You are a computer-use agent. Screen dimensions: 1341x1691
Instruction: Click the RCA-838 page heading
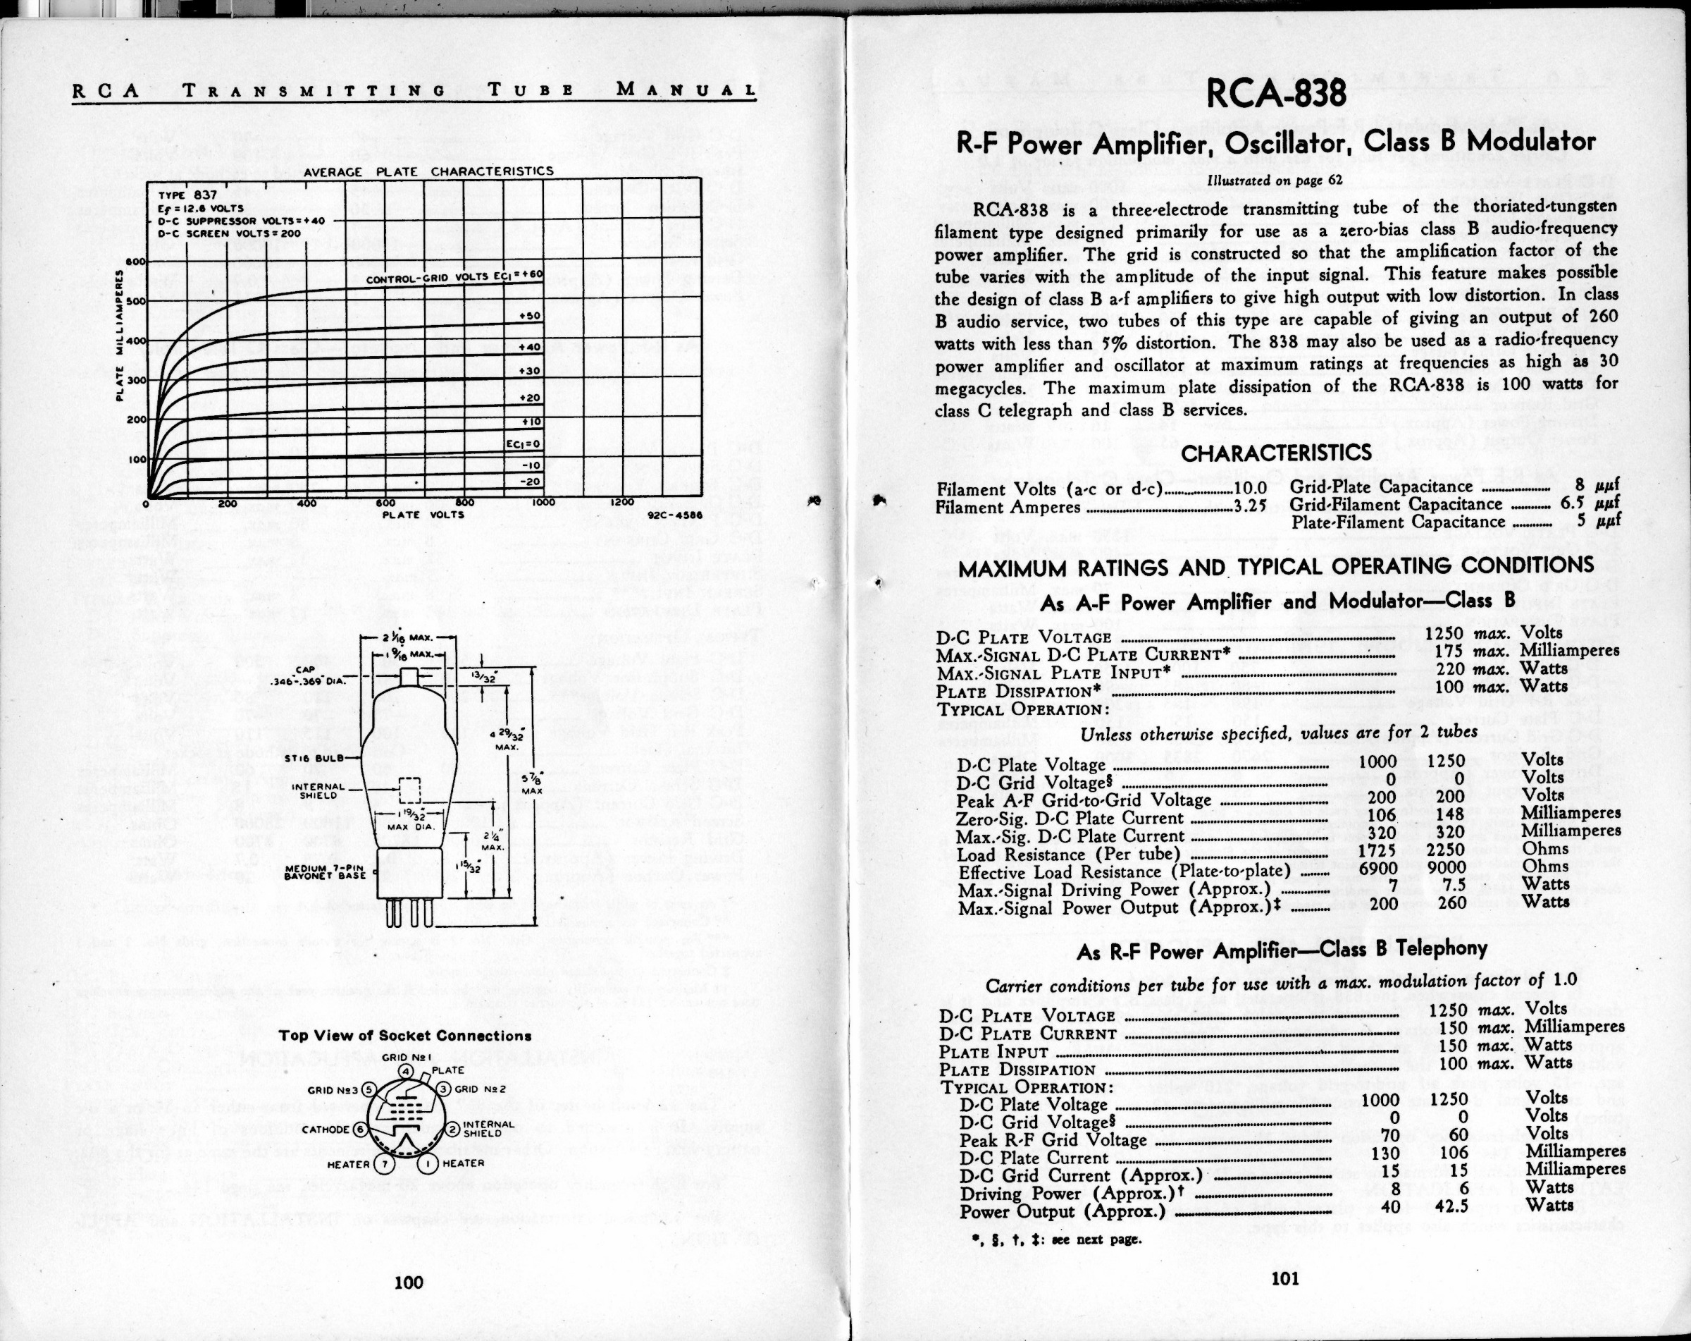(1275, 93)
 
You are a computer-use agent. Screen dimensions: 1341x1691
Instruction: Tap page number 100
(408, 1282)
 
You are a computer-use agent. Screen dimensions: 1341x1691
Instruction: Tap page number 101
(1284, 1279)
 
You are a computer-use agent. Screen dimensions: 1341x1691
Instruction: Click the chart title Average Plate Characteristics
(428, 171)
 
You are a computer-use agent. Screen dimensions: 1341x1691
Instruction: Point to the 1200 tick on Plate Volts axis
(624, 503)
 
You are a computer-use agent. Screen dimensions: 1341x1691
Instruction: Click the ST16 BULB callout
(311, 758)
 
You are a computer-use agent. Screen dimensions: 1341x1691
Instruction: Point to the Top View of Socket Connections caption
(406, 1036)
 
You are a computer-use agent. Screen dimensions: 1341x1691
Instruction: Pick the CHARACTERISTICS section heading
(1276, 453)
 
